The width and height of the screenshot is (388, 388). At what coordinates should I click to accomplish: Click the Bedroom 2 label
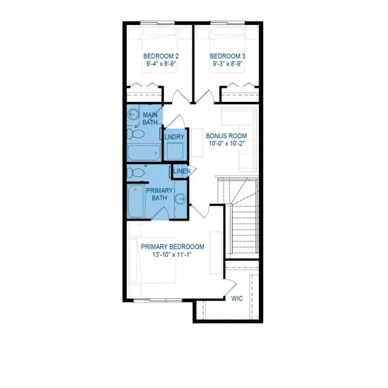point(161,56)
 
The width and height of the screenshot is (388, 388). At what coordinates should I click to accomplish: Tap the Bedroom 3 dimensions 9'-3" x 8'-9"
point(228,64)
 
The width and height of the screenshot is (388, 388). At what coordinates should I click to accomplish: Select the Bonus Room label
point(226,136)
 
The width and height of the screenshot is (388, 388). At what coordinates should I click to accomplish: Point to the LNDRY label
point(175,137)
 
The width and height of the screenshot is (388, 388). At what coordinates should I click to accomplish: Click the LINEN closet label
point(182,171)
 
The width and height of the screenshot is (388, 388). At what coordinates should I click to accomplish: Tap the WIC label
point(237,298)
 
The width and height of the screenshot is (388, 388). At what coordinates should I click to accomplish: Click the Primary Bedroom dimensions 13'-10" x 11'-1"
point(172,255)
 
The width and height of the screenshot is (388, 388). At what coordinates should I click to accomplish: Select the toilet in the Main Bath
point(136,134)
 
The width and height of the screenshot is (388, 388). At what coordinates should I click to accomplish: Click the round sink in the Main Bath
point(133,115)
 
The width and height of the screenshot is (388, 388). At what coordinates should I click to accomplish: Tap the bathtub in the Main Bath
point(144,153)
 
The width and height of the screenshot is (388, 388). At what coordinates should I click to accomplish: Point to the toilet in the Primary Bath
point(136,173)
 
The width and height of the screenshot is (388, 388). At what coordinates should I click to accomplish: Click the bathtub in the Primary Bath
point(136,201)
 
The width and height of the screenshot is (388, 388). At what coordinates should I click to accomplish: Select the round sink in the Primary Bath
point(181,199)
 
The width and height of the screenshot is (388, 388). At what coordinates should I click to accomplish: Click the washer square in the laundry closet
point(175,151)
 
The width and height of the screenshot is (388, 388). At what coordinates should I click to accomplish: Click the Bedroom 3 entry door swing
point(205,96)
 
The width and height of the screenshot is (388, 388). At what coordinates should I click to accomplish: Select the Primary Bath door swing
point(160,213)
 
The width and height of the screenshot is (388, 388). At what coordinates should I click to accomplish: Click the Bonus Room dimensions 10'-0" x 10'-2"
point(227,144)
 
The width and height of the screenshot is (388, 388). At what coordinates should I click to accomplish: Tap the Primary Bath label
point(159,194)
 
